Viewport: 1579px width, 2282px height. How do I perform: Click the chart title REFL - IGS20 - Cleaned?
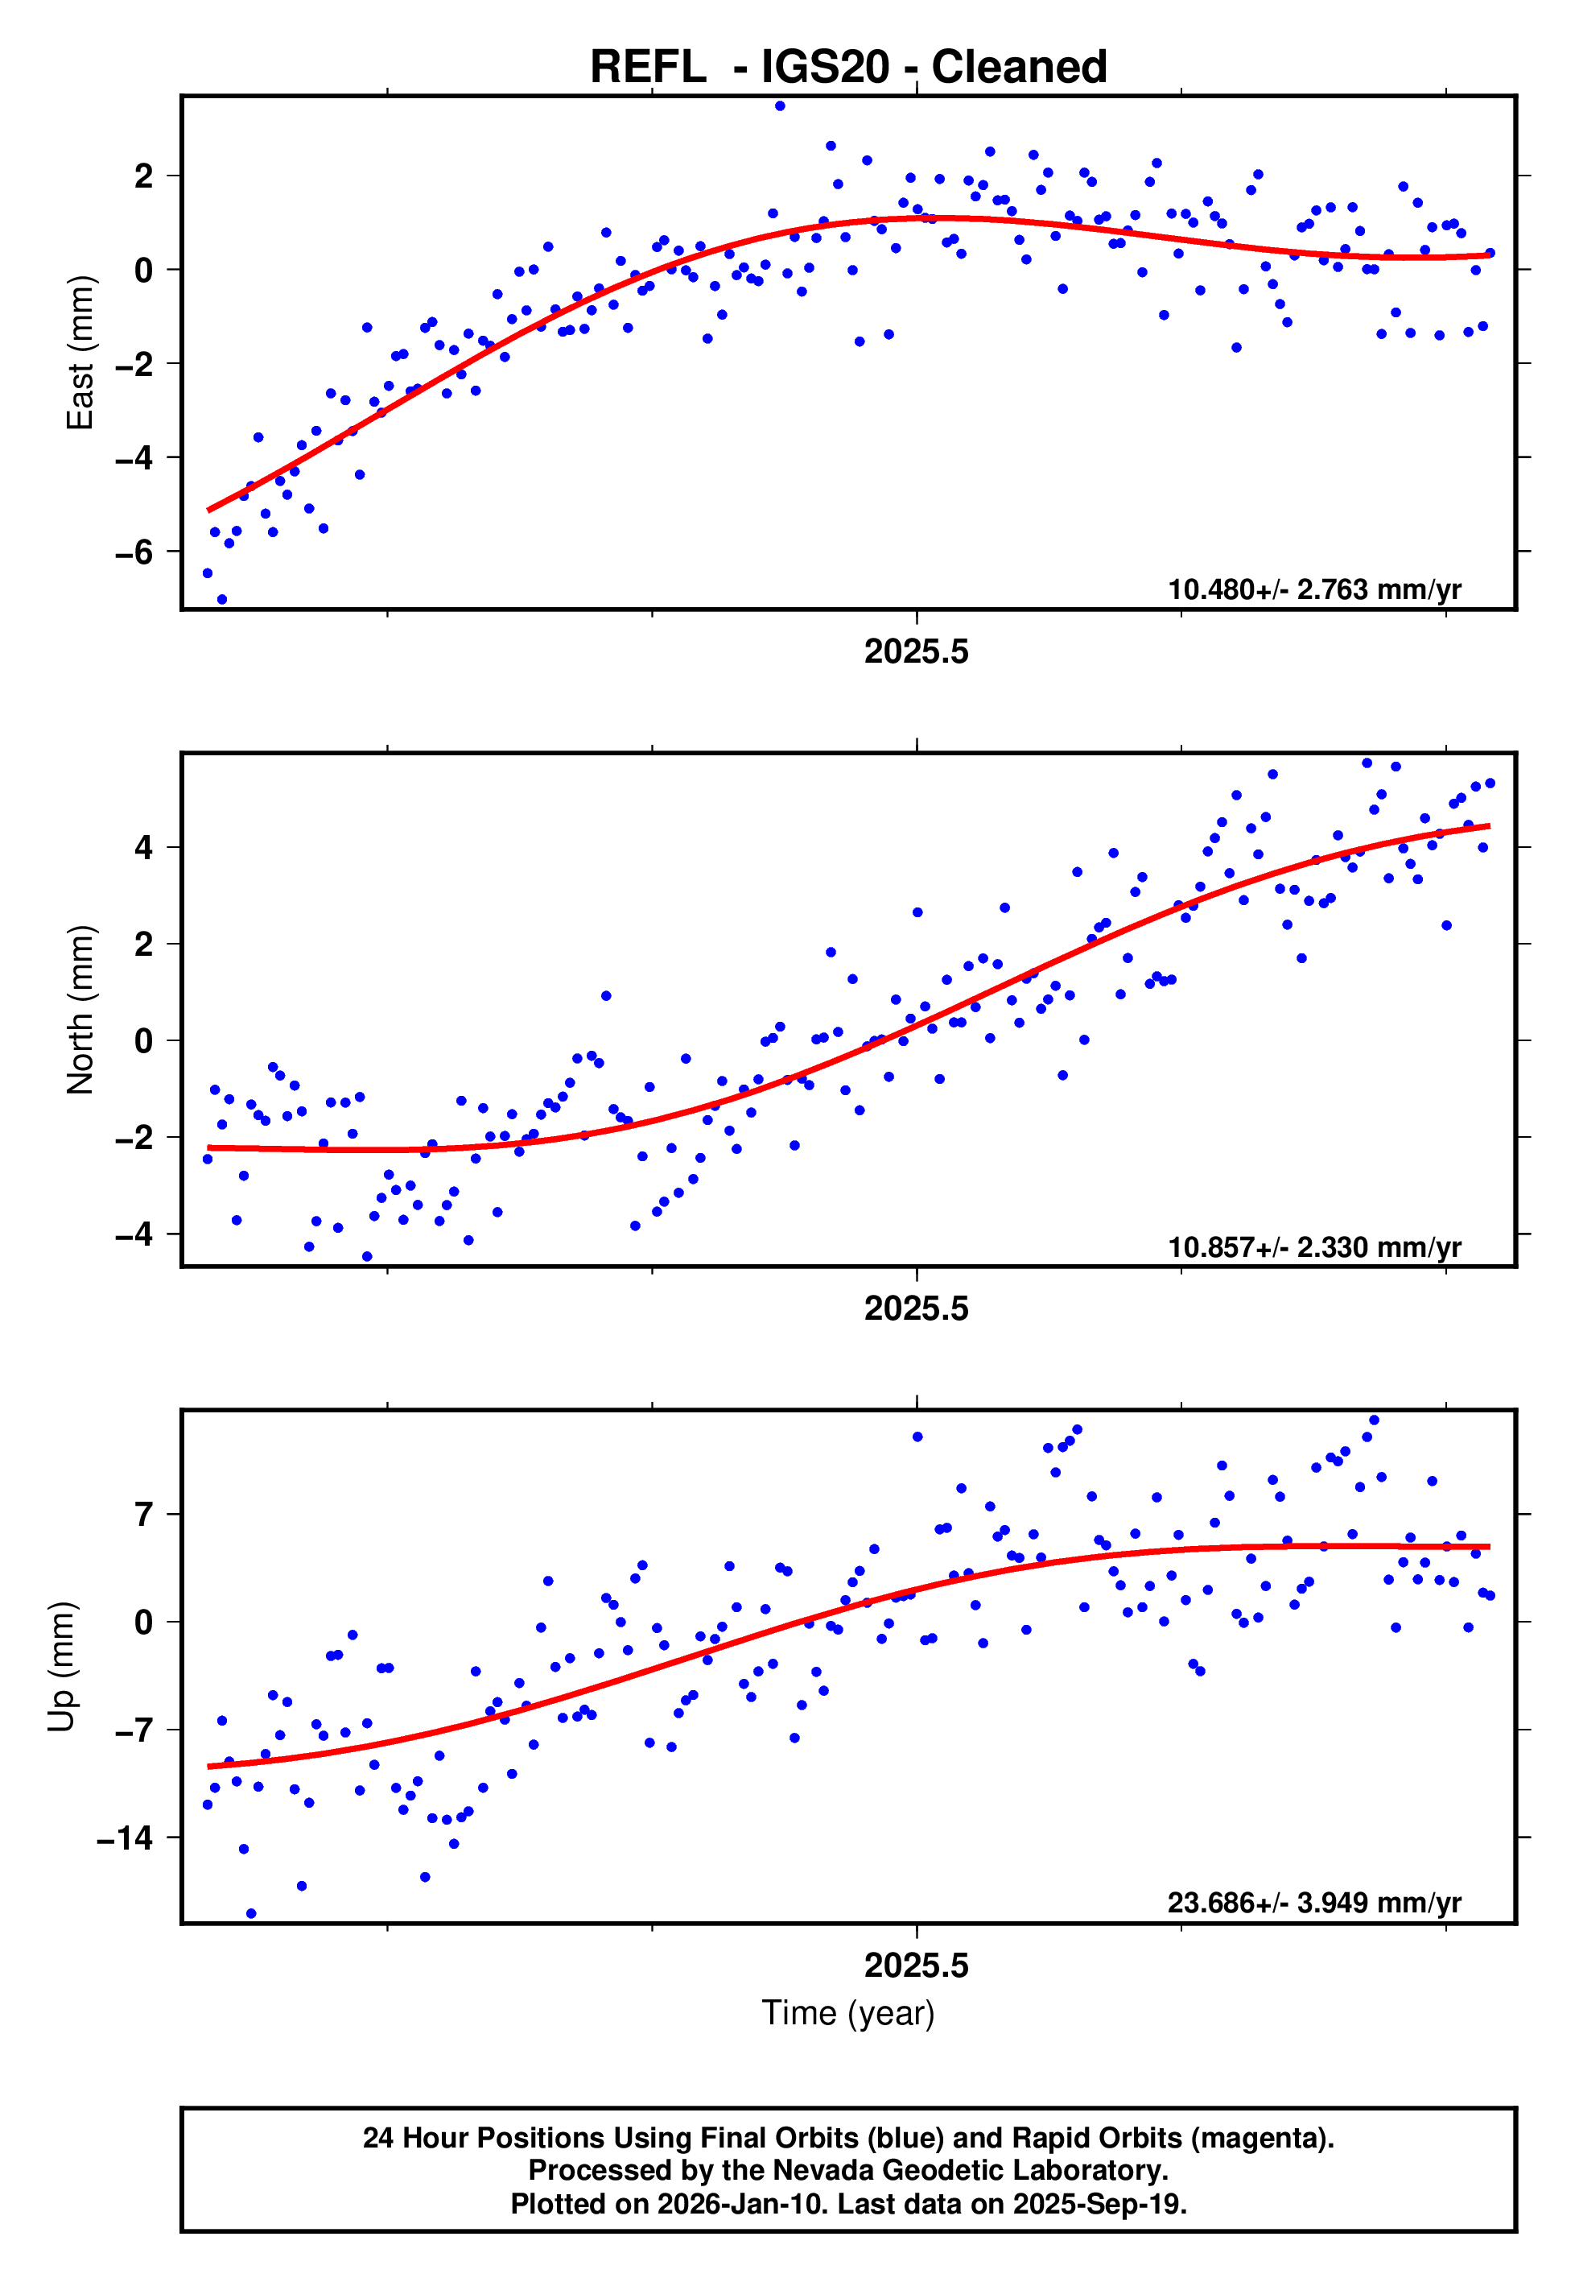tap(848, 68)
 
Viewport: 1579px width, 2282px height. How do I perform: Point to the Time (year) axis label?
tap(848, 2013)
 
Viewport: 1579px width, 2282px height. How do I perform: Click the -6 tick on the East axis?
tap(134, 552)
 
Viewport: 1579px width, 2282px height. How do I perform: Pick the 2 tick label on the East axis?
tap(144, 176)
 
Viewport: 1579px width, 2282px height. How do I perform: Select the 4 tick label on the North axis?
tap(144, 848)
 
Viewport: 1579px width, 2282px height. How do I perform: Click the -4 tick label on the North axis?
tap(134, 1235)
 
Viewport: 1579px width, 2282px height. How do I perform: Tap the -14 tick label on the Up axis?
tap(125, 1838)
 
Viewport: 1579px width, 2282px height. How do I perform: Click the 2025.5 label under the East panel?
tap(916, 652)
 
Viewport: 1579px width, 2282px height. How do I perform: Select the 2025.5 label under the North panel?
tap(916, 1309)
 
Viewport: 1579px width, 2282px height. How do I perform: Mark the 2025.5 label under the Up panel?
tap(916, 1966)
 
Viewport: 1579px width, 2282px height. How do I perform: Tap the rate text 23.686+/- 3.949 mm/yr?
tap(1314, 1903)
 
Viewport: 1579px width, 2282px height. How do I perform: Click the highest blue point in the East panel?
tap(780, 105)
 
